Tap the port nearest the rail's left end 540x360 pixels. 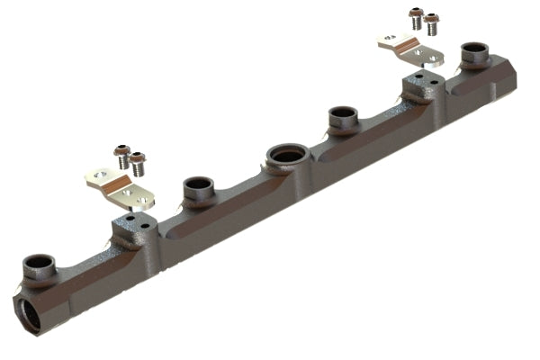[39, 265]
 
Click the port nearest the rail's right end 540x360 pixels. [472, 53]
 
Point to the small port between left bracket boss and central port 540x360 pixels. [199, 190]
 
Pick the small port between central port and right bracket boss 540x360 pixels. [343, 116]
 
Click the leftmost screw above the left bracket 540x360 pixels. [121, 153]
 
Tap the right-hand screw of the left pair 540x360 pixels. [137, 163]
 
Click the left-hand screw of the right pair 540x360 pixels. [415, 16]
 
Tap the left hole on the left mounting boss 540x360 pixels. [130, 217]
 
